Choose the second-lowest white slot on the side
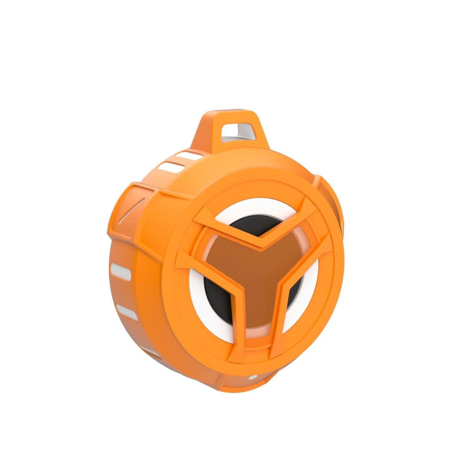coord(127,312)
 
